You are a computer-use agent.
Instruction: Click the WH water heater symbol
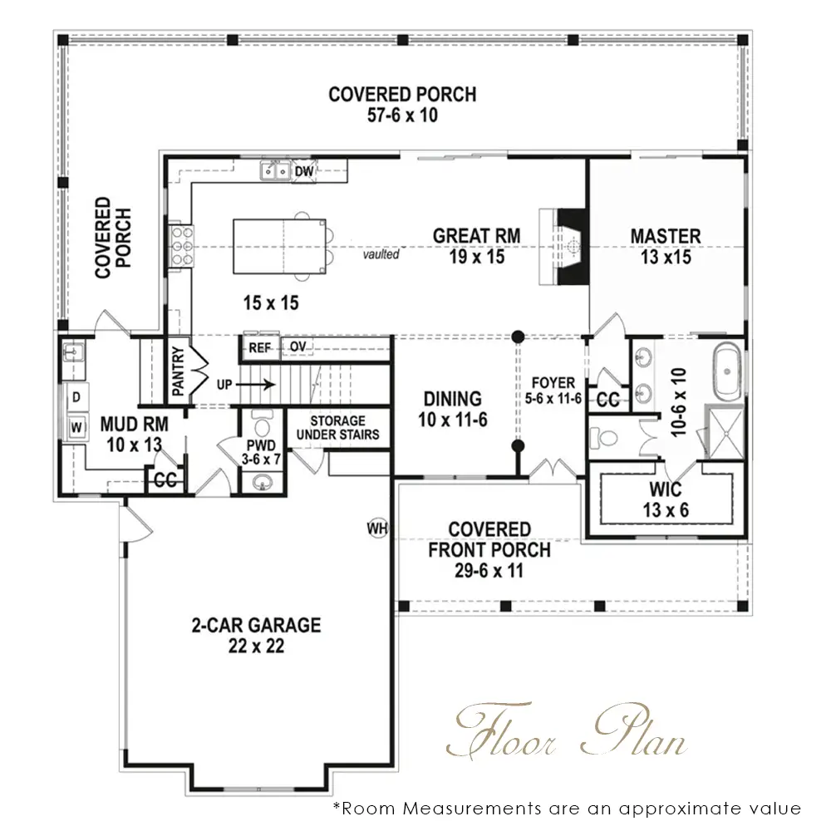(x=377, y=528)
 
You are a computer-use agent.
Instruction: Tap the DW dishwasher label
(x=303, y=171)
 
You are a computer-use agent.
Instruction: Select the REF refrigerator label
(x=259, y=348)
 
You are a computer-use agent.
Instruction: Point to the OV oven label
(x=297, y=347)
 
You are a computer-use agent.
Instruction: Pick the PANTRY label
(x=178, y=371)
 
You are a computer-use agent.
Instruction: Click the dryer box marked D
(x=76, y=397)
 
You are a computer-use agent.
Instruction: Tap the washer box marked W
(x=76, y=426)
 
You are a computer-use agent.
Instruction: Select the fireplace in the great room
(x=564, y=247)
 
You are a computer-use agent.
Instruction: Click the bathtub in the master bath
(x=727, y=371)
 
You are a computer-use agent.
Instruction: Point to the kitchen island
(x=280, y=247)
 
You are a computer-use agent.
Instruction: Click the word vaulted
(x=381, y=254)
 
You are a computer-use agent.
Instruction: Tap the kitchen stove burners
(x=182, y=245)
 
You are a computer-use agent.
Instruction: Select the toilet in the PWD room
(x=262, y=423)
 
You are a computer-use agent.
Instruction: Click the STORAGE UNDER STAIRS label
(x=337, y=428)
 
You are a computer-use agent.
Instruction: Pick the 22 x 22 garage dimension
(x=257, y=646)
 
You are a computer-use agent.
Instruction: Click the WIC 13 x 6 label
(x=666, y=499)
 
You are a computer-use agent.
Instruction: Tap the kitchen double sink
(x=275, y=170)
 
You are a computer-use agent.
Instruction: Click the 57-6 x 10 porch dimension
(x=402, y=115)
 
